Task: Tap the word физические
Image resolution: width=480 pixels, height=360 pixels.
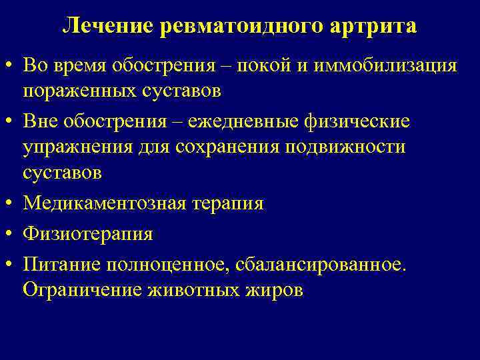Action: coord(366,123)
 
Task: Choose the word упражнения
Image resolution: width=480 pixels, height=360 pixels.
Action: coord(76,146)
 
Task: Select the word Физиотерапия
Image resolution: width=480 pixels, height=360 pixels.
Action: coord(87,233)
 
